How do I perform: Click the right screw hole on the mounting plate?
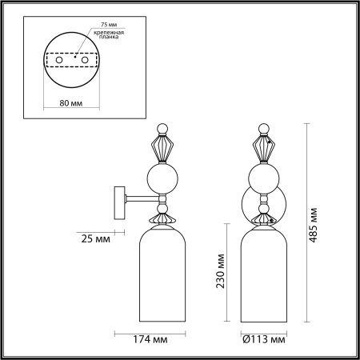pos(90,60)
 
